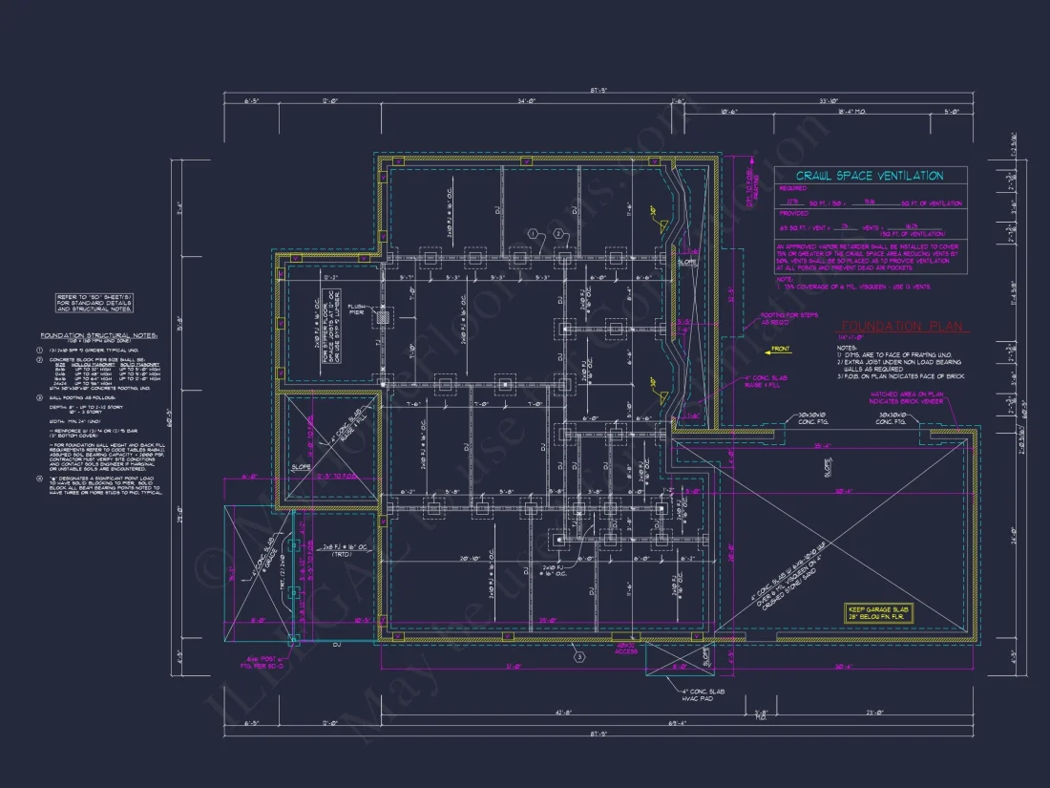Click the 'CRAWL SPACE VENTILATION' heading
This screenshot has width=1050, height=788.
tap(870, 176)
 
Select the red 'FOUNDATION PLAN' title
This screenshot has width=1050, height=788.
tap(902, 327)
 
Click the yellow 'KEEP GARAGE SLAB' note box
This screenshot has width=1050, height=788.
tap(879, 613)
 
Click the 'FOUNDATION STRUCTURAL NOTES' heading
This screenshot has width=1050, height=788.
tap(99, 335)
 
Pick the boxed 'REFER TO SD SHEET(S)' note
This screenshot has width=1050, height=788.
tap(94, 304)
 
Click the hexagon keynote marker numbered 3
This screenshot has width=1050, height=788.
tap(577, 656)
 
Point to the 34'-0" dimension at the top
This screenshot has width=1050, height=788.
tap(526, 101)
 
